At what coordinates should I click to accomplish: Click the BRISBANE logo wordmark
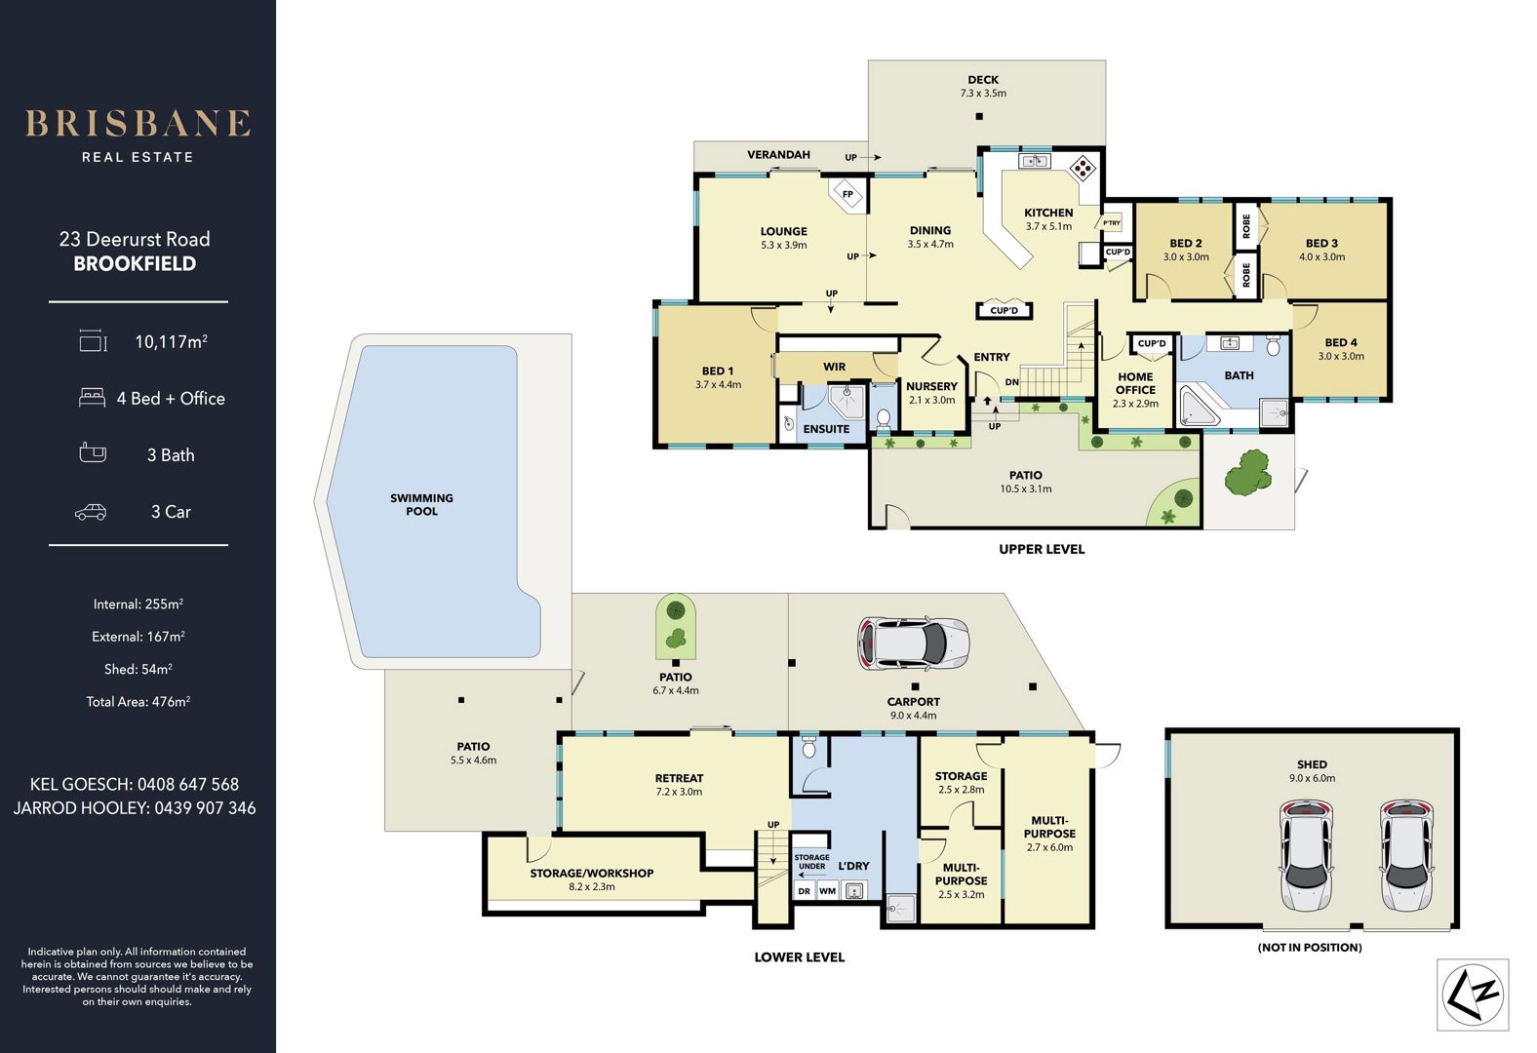click(x=138, y=124)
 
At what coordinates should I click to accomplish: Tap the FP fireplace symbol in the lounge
click(x=847, y=195)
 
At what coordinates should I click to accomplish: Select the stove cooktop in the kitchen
click(x=1083, y=168)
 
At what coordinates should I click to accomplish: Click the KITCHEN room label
click(x=1048, y=213)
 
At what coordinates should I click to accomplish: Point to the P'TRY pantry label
click(x=1112, y=223)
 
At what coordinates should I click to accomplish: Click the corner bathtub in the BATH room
click(x=1199, y=407)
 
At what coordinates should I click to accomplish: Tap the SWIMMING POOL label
click(x=421, y=504)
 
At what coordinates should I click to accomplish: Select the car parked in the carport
click(x=913, y=643)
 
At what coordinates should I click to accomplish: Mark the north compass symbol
click(x=1473, y=994)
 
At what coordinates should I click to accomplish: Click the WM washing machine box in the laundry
click(x=828, y=890)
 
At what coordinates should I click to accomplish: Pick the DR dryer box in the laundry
click(x=805, y=890)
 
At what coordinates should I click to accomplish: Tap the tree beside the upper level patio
click(x=1248, y=472)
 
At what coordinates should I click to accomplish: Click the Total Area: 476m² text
click(x=138, y=702)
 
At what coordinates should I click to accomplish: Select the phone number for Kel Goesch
click(x=188, y=784)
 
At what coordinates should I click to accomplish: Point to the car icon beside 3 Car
click(x=91, y=512)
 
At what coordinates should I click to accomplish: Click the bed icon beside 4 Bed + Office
click(x=92, y=398)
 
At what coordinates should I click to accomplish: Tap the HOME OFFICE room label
click(x=1135, y=383)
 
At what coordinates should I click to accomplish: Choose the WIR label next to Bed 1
click(x=835, y=367)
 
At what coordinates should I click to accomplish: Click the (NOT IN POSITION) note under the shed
click(x=1309, y=948)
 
